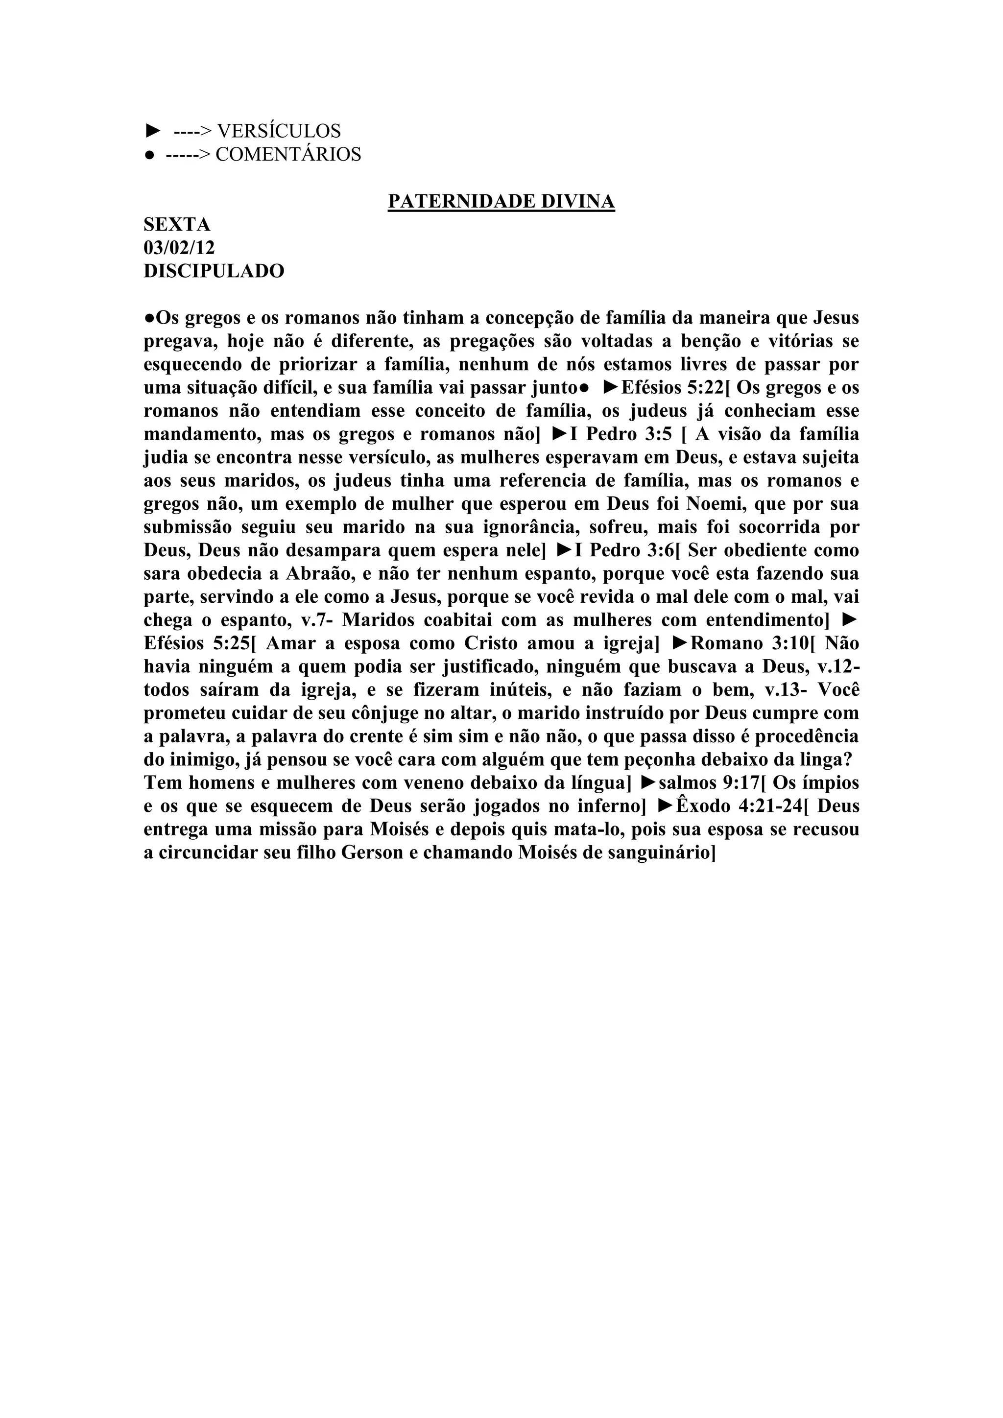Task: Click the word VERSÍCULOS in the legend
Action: [279, 131]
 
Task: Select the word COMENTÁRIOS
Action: [288, 154]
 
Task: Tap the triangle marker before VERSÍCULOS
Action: [152, 131]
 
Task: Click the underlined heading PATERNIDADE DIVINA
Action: [501, 201]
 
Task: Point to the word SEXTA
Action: [177, 224]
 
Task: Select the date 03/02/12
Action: [179, 248]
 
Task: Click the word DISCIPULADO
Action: [214, 270]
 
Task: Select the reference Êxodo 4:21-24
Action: [741, 806]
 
